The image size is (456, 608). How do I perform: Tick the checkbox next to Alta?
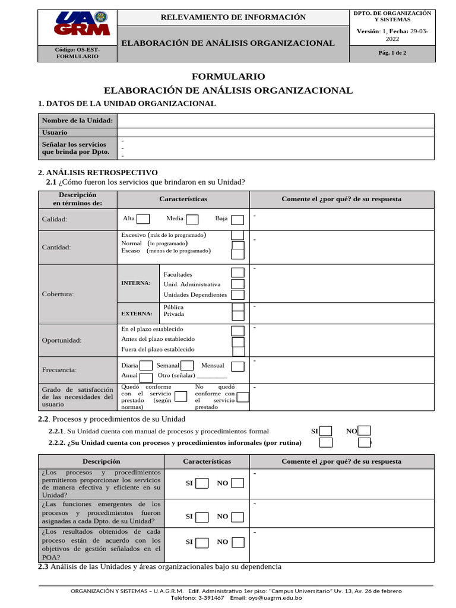[x=143, y=220]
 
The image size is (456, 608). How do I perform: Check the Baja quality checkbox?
[x=237, y=220]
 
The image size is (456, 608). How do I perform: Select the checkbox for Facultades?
[x=237, y=273]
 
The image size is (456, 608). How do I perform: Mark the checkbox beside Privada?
[x=237, y=315]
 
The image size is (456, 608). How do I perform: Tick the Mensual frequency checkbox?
[x=237, y=366]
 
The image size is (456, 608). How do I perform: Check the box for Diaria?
[x=146, y=366]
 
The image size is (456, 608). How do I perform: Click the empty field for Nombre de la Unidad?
[x=275, y=121]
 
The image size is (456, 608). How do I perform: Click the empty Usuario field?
[x=275, y=132]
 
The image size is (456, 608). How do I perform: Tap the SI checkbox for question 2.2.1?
[x=326, y=431]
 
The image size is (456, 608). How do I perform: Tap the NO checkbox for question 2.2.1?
[x=365, y=431]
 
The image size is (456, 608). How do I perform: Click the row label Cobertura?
[x=58, y=294]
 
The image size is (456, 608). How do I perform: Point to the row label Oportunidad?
[x=61, y=340]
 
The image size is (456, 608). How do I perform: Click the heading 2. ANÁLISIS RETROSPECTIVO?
[x=97, y=172]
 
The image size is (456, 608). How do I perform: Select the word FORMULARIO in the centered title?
[x=228, y=77]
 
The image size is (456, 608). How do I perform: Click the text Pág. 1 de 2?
[x=392, y=53]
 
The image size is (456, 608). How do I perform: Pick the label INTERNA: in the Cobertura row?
[x=136, y=283]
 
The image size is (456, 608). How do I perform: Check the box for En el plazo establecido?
[x=237, y=331]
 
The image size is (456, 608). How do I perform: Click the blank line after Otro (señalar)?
[x=211, y=376]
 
